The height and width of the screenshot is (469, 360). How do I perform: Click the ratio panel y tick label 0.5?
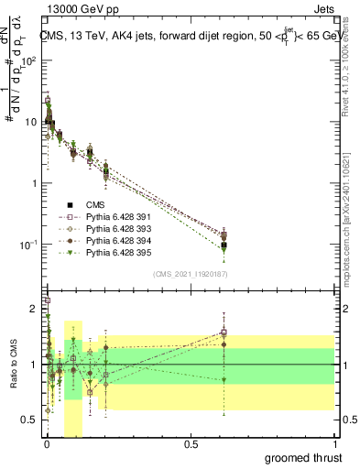coord(32,420)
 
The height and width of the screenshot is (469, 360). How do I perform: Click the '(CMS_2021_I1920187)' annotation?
coord(191,273)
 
